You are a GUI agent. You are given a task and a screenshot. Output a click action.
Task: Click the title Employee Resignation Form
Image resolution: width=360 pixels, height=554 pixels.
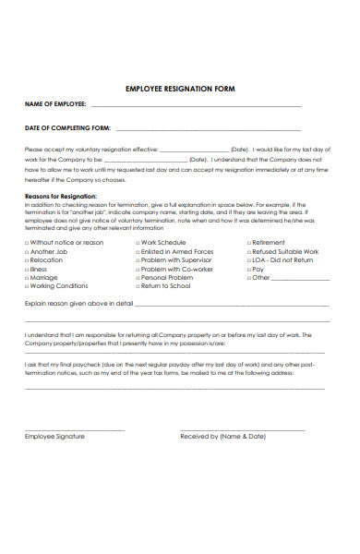click(180, 89)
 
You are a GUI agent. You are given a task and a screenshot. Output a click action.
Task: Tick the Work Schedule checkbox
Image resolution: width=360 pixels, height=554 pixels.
click(138, 243)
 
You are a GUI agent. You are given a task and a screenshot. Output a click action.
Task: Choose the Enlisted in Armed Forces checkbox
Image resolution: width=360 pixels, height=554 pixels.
click(138, 251)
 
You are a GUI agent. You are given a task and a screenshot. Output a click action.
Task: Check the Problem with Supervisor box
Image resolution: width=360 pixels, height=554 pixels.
click(138, 260)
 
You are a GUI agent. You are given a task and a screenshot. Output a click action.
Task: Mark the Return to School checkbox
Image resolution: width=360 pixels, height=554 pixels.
click(138, 286)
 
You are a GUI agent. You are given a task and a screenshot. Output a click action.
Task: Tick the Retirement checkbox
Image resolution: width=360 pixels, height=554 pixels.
click(248, 243)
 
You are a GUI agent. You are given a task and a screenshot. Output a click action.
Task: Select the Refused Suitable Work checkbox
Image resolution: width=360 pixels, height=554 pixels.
click(248, 251)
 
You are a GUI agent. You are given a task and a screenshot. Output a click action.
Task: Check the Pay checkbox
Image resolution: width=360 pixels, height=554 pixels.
click(248, 269)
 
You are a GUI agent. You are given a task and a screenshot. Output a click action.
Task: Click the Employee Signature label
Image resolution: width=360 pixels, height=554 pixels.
click(54, 436)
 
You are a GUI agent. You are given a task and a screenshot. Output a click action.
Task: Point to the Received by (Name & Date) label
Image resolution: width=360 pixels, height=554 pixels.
click(222, 436)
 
